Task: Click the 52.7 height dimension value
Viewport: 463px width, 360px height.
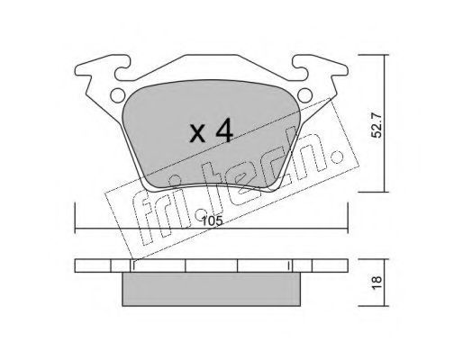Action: pos(377,125)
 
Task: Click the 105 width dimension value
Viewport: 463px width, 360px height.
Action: pos(213,221)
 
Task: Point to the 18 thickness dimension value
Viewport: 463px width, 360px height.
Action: pos(377,283)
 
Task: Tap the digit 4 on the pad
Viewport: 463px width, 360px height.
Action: pos(224,130)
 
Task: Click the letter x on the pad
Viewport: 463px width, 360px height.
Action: pos(197,134)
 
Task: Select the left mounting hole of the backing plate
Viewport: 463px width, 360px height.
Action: pos(118,95)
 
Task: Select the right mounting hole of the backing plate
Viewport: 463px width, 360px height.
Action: pos(305,95)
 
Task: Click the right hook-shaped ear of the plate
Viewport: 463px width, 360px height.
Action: pos(320,67)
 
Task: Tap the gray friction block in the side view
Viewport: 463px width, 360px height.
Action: pos(212,289)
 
